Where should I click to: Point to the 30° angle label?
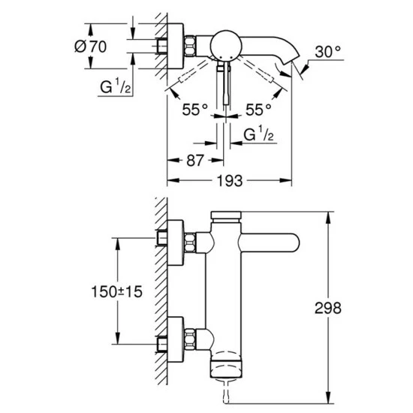tap(328, 53)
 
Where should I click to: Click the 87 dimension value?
tap(195, 160)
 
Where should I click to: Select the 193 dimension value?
tap(228, 181)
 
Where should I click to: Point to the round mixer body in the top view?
tap(224, 45)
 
